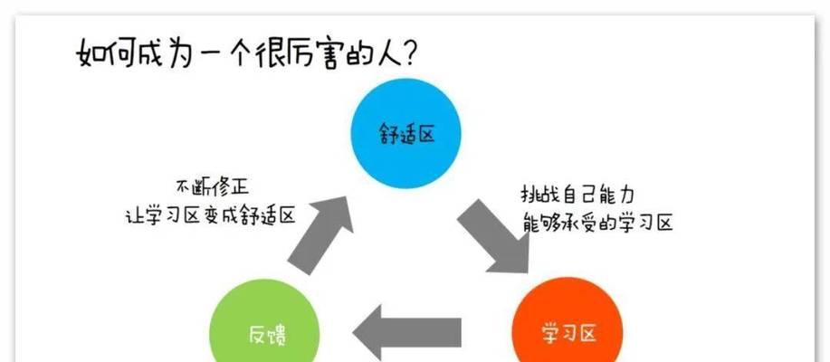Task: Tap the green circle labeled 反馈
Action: (265, 330)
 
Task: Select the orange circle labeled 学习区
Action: (568, 330)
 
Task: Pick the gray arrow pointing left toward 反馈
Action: (408, 332)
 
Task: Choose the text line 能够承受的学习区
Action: (598, 222)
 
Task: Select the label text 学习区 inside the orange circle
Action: (568, 334)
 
